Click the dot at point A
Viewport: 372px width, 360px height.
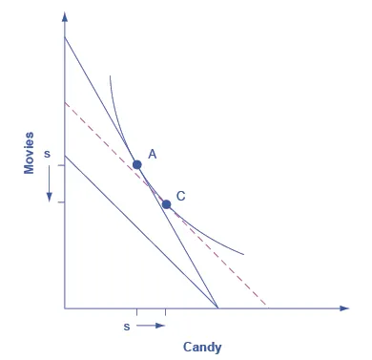137,164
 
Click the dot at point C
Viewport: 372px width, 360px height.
166,203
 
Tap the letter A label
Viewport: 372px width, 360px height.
153,154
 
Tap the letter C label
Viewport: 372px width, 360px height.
180,196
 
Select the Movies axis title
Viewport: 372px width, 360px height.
30,152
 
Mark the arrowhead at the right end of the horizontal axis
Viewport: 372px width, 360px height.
343,308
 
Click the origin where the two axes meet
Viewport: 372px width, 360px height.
65,308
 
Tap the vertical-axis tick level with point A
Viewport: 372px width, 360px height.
61,164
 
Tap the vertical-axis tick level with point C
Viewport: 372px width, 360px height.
61,203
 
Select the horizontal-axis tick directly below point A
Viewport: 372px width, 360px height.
137,312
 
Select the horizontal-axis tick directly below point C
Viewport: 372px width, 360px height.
166,312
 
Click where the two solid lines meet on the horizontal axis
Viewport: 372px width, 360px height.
218,308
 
